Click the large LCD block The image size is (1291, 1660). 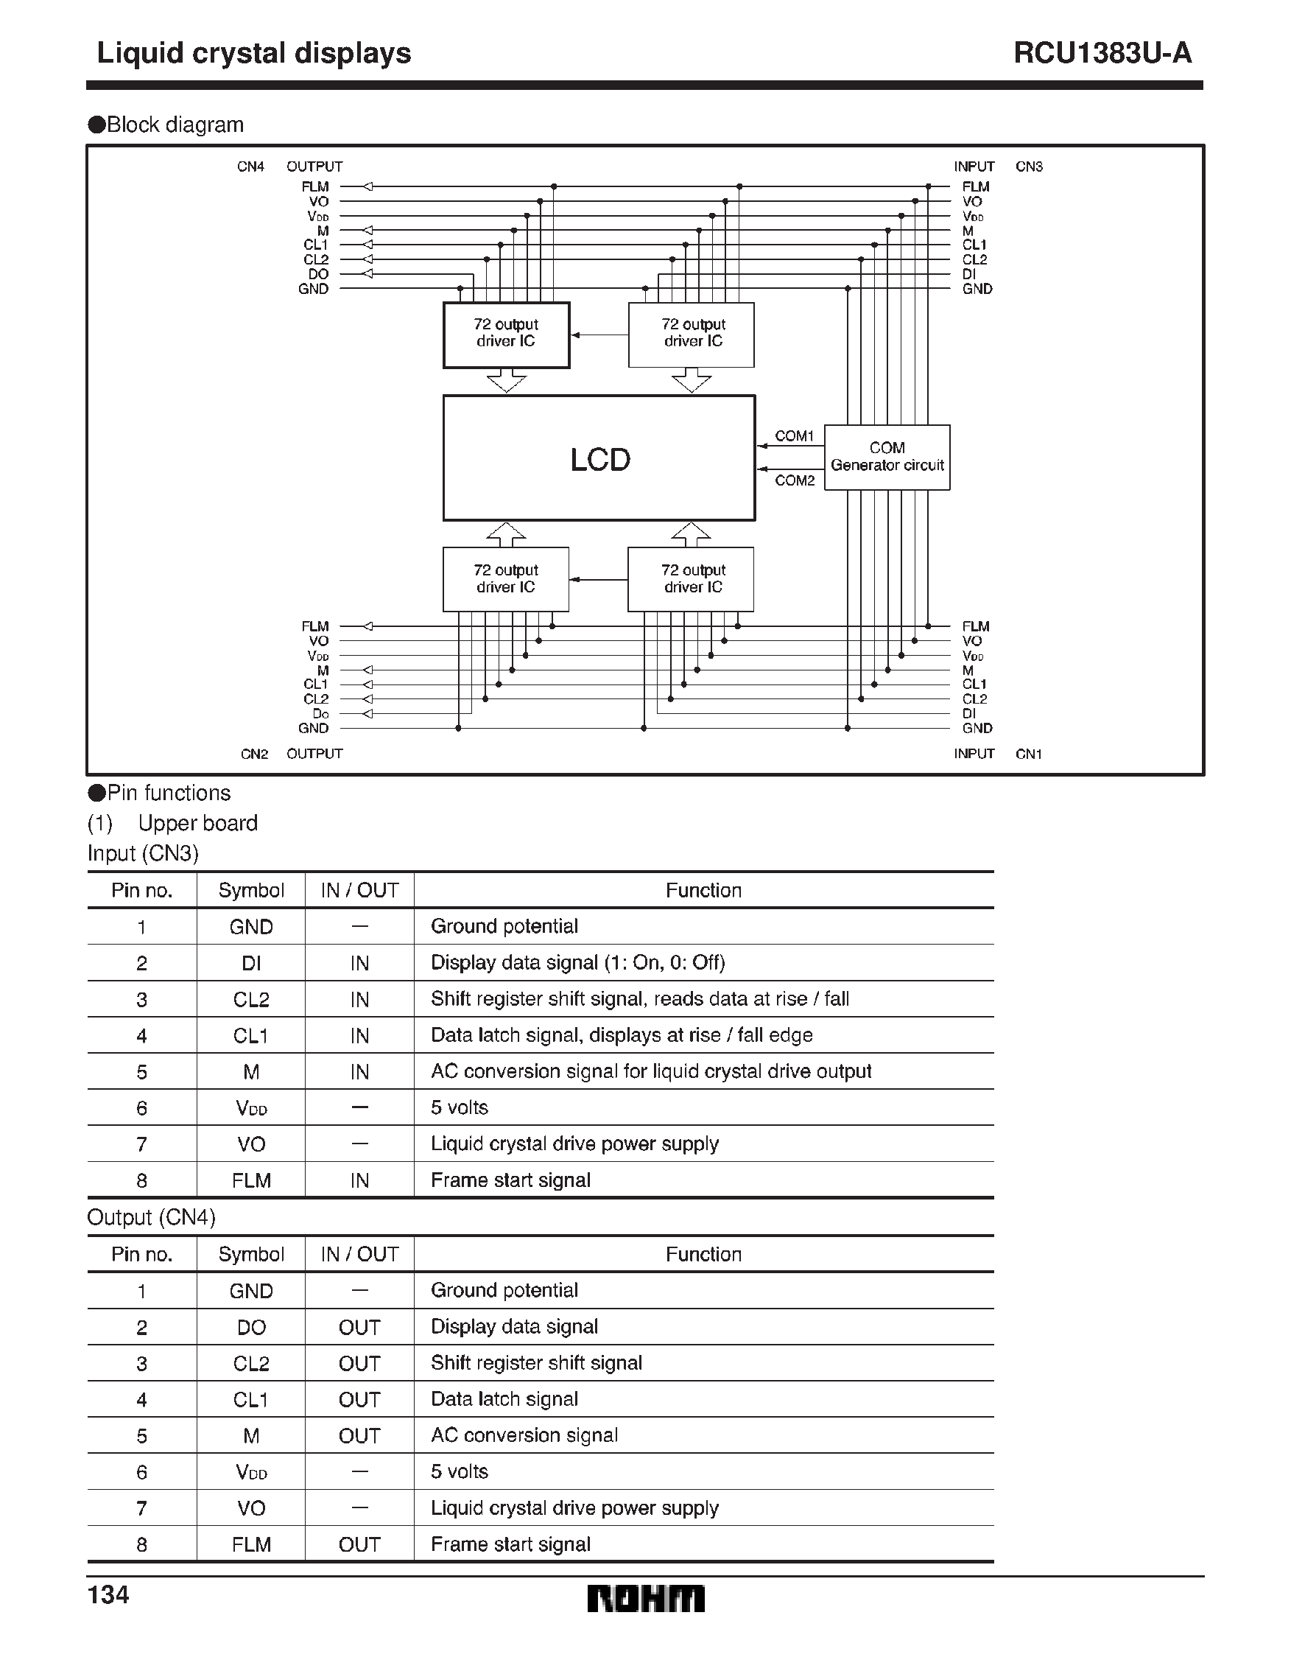pos(599,458)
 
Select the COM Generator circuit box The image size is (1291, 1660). pos(887,457)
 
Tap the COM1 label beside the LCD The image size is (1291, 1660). pos(794,435)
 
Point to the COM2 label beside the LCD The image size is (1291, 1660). pos(794,480)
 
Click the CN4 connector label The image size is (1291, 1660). pos(250,167)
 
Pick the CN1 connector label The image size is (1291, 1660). pos(1029,754)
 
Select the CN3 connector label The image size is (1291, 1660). pos(1029,167)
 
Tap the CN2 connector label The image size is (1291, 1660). pos(255,754)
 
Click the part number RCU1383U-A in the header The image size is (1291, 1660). pos(1102,53)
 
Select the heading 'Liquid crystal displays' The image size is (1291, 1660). pos(254,53)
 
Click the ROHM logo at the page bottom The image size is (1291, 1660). pos(646,1598)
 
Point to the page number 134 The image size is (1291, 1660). pos(108,1594)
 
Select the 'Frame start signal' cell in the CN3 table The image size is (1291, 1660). pos(510,1180)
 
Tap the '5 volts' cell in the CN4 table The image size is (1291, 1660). pos(459,1471)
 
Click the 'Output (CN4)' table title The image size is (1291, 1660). pos(151,1218)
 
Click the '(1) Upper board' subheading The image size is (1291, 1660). pos(172,823)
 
